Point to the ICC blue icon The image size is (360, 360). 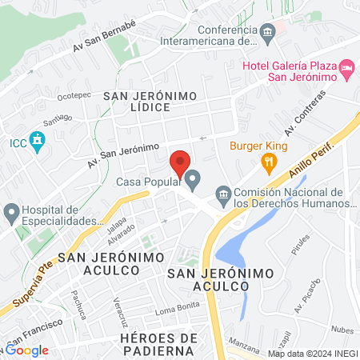37,142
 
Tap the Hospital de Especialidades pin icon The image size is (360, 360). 11,213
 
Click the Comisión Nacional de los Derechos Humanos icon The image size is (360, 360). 223,194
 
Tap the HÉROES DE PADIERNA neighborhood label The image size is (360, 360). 158,345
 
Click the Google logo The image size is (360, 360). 27,350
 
